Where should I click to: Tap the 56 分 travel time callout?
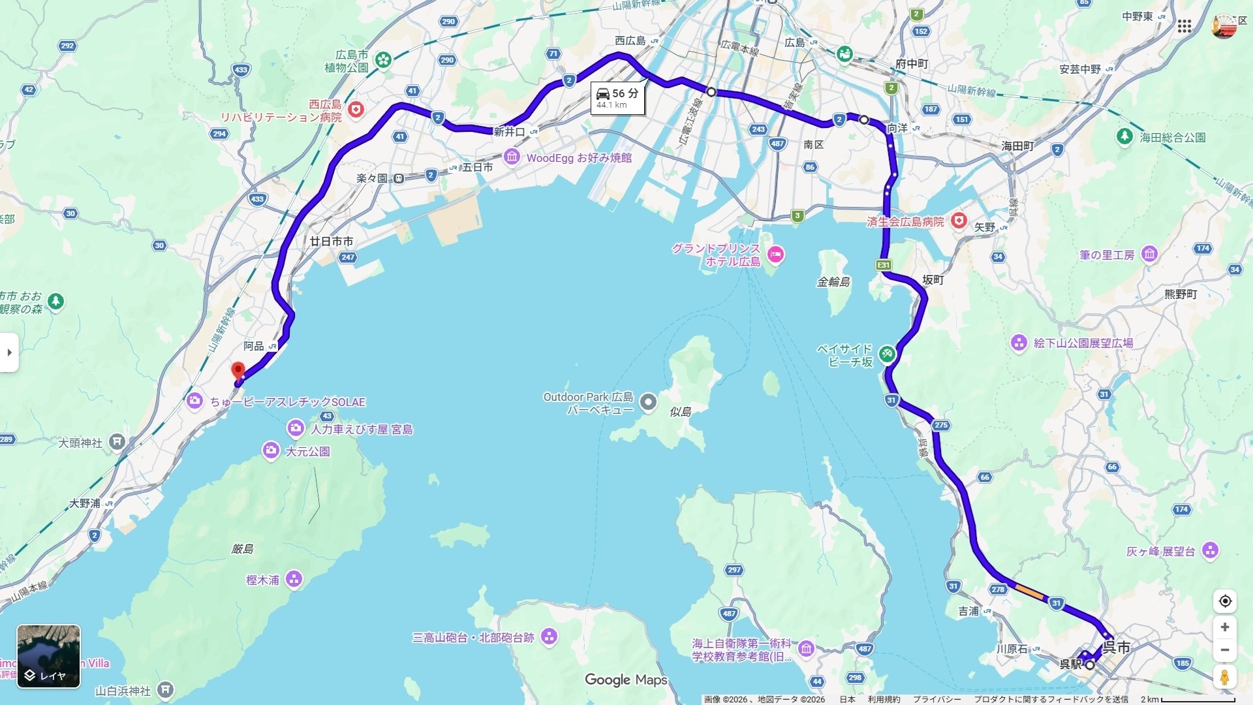click(617, 98)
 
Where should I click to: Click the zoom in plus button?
click(1225, 627)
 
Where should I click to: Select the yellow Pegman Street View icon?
click(1225, 677)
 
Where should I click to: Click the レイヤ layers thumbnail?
click(48, 656)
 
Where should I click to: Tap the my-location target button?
click(1225, 601)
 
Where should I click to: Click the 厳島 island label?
click(242, 549)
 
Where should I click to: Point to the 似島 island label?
click(681, 412)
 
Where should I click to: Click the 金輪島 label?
click(833, 282)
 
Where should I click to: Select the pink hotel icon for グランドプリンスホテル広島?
click(775, 255)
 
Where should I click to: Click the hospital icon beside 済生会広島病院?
click(958, 221)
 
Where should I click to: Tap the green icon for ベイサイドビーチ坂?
click(886, 354)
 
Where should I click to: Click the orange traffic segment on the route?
click(1030, 591)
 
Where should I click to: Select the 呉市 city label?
click(1116, 648)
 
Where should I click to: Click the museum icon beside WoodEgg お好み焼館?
click(512, 157)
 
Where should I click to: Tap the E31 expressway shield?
click(884, 264)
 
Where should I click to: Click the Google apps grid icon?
click(1184, 26)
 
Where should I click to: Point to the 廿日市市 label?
click(332, 242)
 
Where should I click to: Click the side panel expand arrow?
click(9, 352)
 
